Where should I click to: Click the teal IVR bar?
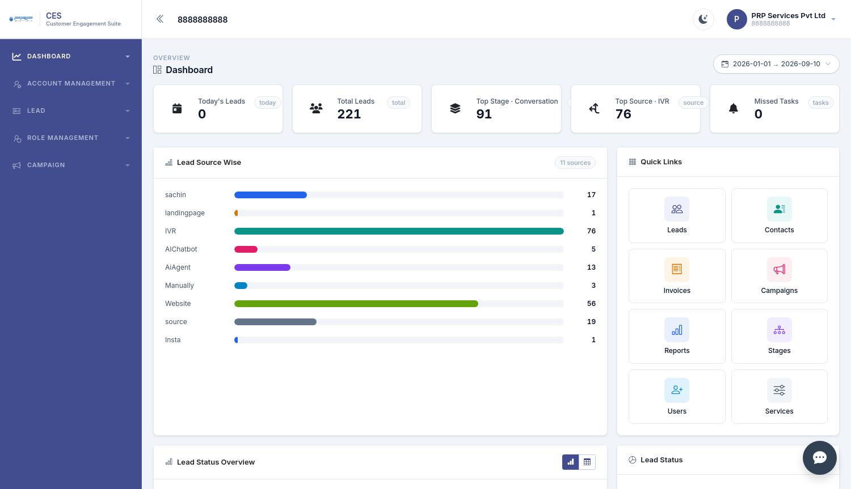coord(399,231)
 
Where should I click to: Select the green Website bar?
coord(356,304)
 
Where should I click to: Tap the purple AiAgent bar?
coord(262,267)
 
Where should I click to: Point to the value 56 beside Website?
coord(591,304)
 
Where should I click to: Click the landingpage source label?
coord(184,213)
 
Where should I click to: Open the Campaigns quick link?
coord(779,276)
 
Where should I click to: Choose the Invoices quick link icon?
coord(677,269)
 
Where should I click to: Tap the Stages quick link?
coord(779,336)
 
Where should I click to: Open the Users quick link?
coord(677,397)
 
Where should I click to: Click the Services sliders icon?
coord(779,390)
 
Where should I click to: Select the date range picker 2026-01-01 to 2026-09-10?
coord(776,64)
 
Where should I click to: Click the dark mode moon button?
coord(703,19)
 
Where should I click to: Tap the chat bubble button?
coord(819,457)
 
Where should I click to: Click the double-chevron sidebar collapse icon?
coord(160,19)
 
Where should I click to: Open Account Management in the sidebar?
coord(71,83)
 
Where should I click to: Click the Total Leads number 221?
coord(349,114)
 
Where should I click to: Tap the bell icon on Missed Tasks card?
coord(733,108)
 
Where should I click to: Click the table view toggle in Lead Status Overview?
coord(587,462)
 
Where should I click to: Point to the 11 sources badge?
coord(575,163)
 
